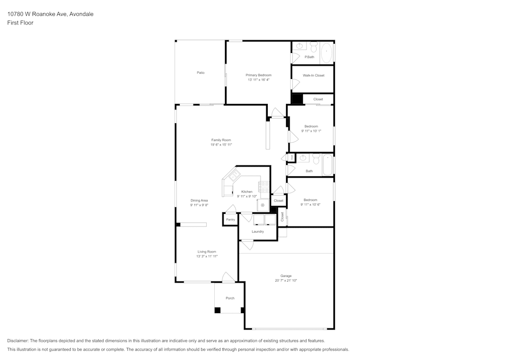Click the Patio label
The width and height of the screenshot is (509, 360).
(x=201, y=73)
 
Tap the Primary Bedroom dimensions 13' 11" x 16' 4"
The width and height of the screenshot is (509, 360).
(x=259, y=80)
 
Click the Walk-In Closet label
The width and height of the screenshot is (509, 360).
(x=314, y=75)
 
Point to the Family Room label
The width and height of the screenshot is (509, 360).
(x=221, y=140)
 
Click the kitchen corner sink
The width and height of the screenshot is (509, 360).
(x=234, y=177)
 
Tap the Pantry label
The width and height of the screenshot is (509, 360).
(x=231, y=219)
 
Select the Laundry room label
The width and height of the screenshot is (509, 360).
(x=258, y=232)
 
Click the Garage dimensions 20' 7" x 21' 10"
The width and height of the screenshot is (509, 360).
(x=286, y=281)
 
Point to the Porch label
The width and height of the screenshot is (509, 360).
(x=230, y=298)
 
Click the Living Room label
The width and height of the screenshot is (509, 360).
(x=207, y=252)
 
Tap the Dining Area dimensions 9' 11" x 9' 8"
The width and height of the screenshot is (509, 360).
(x=199, y=206)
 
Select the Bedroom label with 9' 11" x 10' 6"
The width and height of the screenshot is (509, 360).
(x=310, y=200)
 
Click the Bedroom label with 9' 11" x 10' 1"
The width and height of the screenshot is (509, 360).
(x=311, y=126)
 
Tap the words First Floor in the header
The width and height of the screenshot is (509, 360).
(x=20, y=23)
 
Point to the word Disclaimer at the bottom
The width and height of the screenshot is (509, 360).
(x=18, y=341)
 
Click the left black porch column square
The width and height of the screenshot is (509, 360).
(x=217, y=310)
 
